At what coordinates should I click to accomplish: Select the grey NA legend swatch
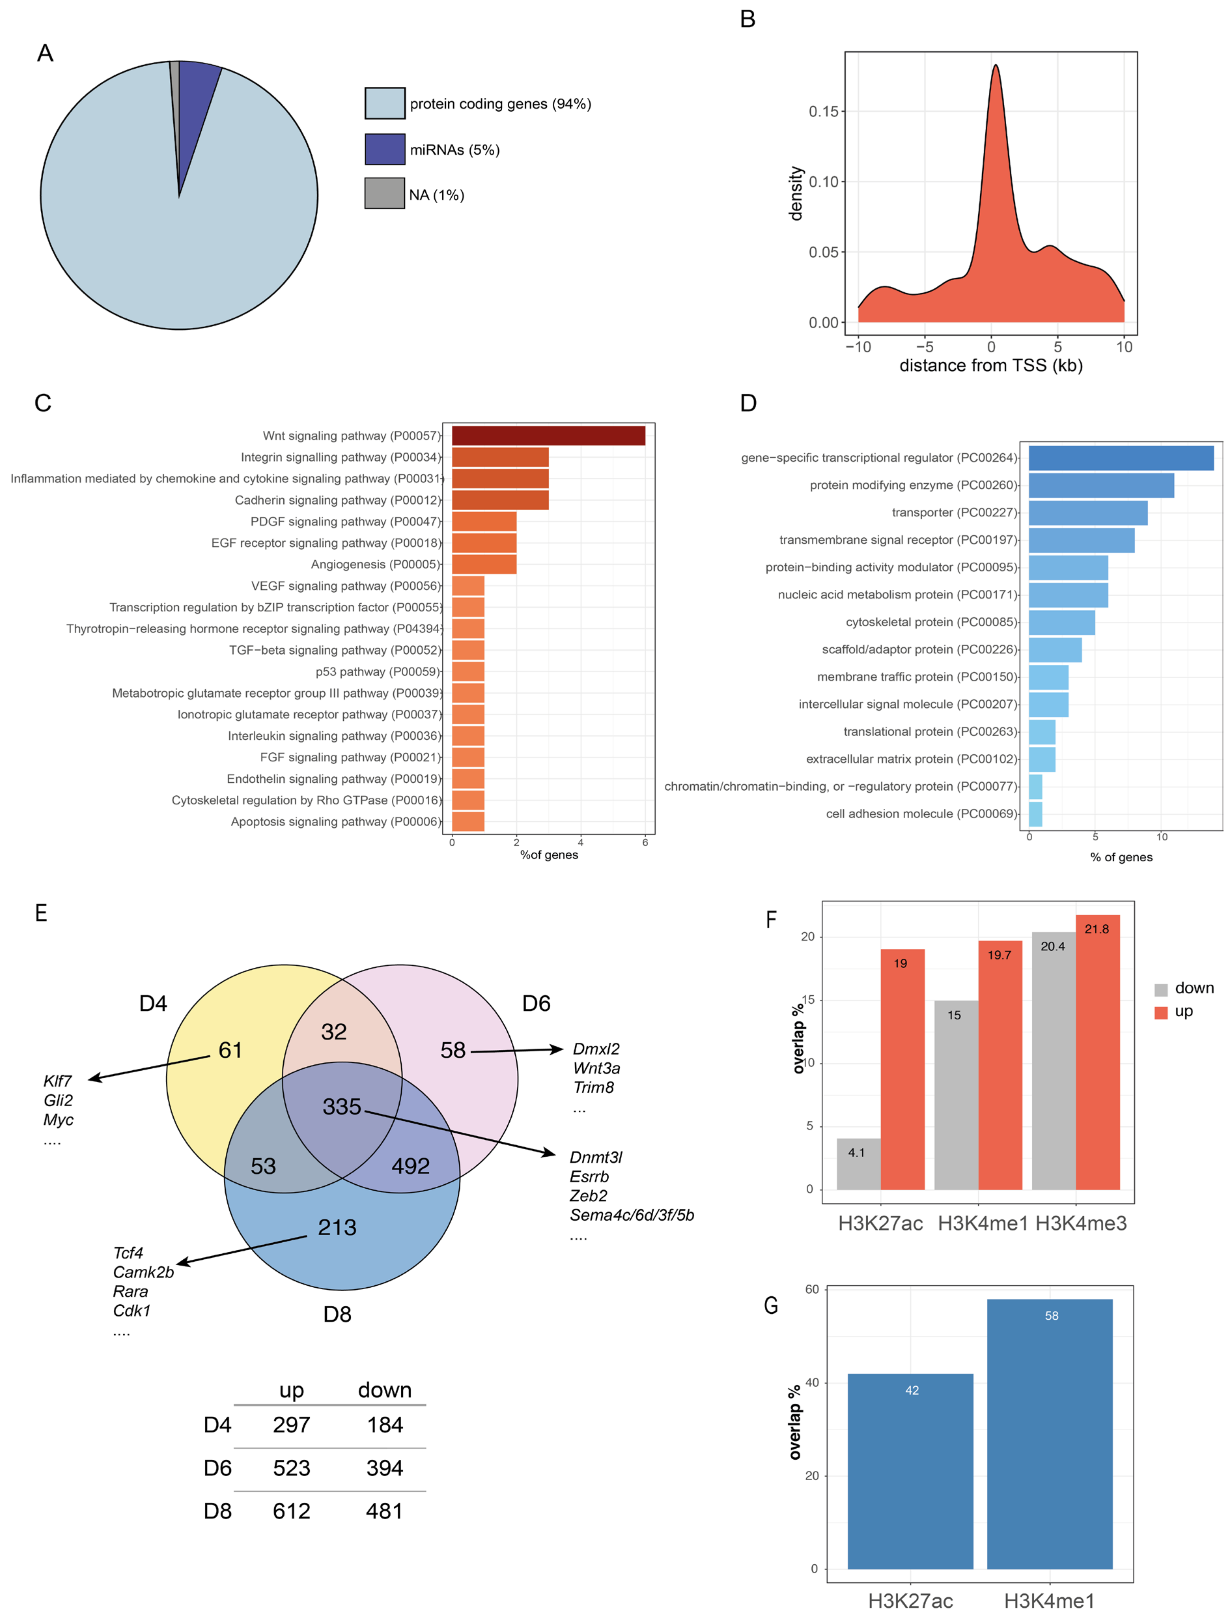385,194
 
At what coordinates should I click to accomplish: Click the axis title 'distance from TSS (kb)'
991,366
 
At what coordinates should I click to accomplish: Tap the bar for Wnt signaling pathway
548,435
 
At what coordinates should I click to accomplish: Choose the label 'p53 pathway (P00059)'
377,671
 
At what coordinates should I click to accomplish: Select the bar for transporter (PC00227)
1088,512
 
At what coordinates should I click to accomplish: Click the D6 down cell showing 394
385,1468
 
